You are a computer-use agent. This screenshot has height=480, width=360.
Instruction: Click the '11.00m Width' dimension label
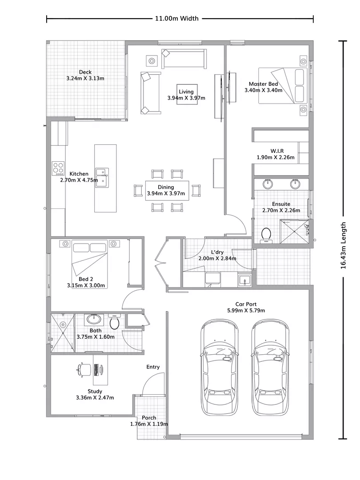click(176, 19)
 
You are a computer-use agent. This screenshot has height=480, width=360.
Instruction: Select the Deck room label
click(85, 72)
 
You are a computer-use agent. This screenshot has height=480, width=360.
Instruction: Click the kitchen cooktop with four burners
click(58, 168)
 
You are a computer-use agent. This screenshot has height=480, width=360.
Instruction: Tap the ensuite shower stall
click(294, 231)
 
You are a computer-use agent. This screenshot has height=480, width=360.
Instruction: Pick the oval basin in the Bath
click(94, 319)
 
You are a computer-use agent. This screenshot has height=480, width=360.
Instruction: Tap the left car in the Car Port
click(220, 368)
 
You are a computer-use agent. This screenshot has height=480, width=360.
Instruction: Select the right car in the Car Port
click(270, 368)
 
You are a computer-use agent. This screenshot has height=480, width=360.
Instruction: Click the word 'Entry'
click(153, 367)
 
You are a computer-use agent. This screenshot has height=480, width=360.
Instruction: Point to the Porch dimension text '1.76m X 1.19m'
click(149, 424)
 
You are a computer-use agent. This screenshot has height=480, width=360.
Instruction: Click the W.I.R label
click(276, 151)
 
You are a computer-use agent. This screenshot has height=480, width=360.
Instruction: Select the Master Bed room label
click(264, 84)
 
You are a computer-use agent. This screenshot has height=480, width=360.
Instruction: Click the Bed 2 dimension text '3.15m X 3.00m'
click(86, 285)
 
